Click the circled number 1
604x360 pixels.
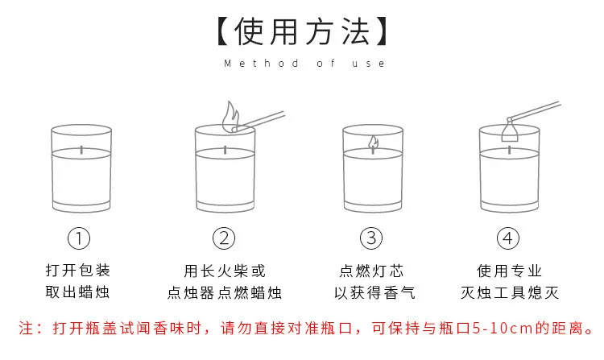click(79, 238)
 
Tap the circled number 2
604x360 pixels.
click(224, 238)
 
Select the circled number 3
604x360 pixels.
click(371, 238)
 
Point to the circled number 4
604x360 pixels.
click(508, 238)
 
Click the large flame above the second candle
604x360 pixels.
click(230, 118)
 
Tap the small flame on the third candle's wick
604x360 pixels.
click(373, 142)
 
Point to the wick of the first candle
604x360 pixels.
click(81, 150)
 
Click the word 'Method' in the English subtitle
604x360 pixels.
click(261, 63)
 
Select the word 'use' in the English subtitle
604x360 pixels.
click(368, 63)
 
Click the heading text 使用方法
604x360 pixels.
click(302, 31)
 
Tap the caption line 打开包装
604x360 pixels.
click(78, 271)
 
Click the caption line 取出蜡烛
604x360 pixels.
click(77, 292)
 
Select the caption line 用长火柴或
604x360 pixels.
click(225, 271)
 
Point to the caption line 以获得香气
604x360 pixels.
click(374, 293)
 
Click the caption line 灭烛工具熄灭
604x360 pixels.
click(510, 293)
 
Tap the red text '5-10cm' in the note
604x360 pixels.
click(503, 329)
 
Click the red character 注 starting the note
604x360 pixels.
click(27, 329)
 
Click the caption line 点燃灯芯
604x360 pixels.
click(372, 271)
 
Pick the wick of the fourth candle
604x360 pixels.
click(509, 150)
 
